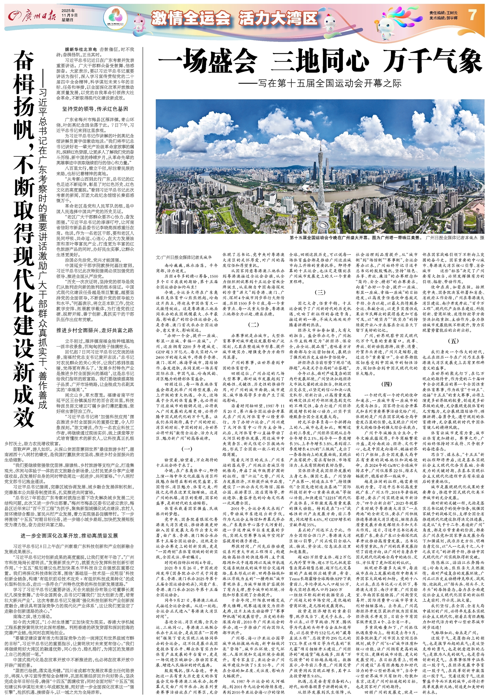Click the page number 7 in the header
472,14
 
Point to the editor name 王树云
451,12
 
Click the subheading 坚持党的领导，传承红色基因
95,109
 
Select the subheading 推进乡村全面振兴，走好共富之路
95,330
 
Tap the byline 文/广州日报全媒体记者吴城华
184,257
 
